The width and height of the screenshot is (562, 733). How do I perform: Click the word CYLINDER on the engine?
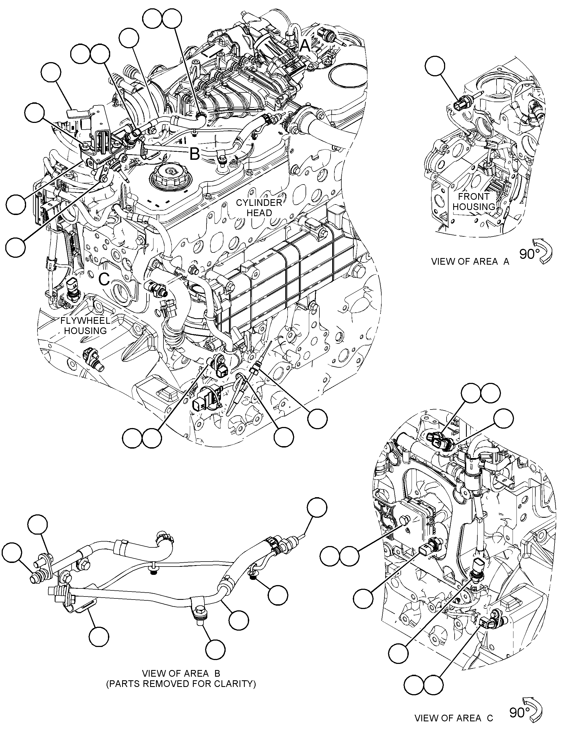[x=259, y=203]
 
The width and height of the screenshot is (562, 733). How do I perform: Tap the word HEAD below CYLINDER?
[x=259, y=213]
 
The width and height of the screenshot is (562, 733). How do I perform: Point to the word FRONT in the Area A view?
[x=473, y=197]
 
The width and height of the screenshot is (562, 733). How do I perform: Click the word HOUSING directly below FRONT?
[x=473, y=207]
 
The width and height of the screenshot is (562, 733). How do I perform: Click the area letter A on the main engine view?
[x=305, y=46]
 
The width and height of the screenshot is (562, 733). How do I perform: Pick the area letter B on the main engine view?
[x=195, y=155]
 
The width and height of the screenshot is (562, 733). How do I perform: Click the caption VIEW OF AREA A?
[x=470, y=262]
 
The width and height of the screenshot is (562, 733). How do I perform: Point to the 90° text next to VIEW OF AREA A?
[x=528, y=254]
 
